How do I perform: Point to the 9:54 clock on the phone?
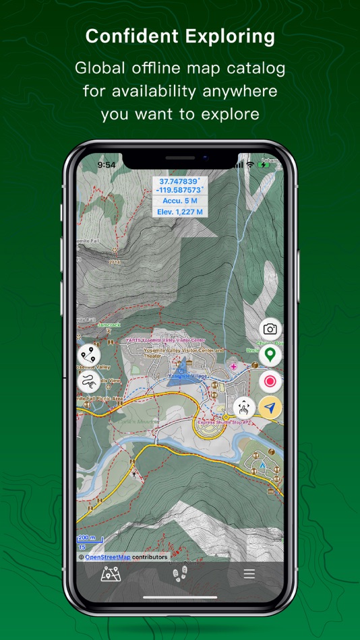click(107, 164)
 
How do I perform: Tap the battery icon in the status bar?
click(264, 165)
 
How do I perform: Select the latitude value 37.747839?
click(179, 182)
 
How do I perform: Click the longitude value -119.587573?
click(179, 191)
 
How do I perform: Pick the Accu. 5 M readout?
click(179, 201)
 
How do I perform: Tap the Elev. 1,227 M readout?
click(179, 212)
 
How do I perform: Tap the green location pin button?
click(270, 354)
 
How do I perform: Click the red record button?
click(270, 381)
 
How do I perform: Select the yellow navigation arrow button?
click(270, 408)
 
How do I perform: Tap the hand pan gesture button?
click(244, 407)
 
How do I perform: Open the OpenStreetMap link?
click(108, 557)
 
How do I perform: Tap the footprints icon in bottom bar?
click(180, 575)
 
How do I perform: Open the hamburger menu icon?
click(249, 574)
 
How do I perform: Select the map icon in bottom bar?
click(110, 575)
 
